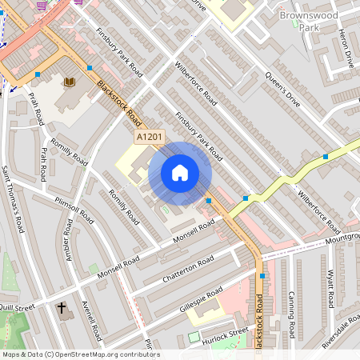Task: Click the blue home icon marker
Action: (180, 173)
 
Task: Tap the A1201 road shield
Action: (150, 138)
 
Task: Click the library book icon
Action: (70, 82)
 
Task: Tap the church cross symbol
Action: (62, 308)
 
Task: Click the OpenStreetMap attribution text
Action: (80, 354)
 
